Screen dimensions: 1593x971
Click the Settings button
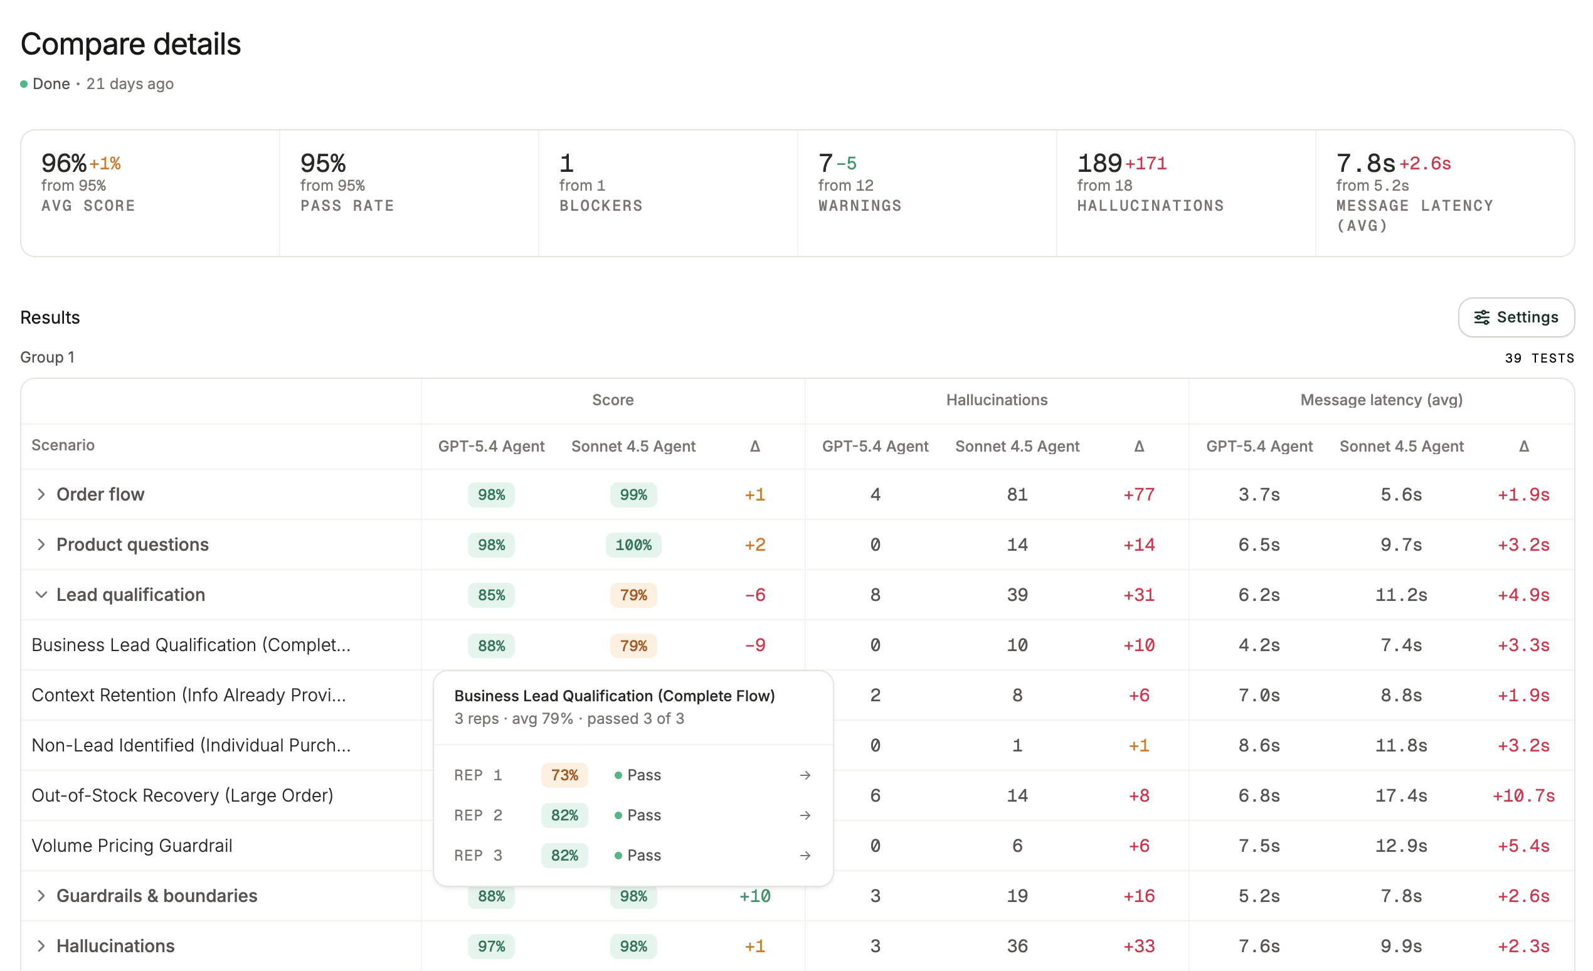click(x=1515, y=317)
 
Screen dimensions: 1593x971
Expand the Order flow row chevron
click(x=41, y=494)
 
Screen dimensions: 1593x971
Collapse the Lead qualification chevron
click(x=41, y=595)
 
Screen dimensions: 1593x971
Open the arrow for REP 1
click(x=805, y=775)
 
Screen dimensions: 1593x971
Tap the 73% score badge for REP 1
click(x=564, y=775)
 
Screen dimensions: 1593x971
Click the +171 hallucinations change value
click(x=1146, y=164)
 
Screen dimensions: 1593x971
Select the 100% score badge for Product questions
click(x=633, y=545)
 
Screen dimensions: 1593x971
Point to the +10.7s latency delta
click(x=1523, y=795)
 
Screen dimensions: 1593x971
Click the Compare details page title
click(x=130, y=44)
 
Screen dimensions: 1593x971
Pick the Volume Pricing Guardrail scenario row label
click(x=132, y=846)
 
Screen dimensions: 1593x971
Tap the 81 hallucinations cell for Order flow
click(x=1017, y=494)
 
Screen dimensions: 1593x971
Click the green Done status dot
click(x=24, y=84)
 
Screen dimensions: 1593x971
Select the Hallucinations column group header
click(x=997, y=400)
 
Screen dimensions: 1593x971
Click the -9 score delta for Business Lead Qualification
click(x=754, y=645)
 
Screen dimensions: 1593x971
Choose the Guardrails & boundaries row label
click(x=156, y=896)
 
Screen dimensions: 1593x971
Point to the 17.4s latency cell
click(x=1401, y=795)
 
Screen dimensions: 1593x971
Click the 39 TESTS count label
click(x=1539, y=358)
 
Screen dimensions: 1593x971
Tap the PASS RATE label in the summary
click(x=347, y=206)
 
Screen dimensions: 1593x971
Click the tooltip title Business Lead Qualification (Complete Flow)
click(x=614, y=696)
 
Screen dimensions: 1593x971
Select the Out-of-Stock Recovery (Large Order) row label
click(x=183, y=795)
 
